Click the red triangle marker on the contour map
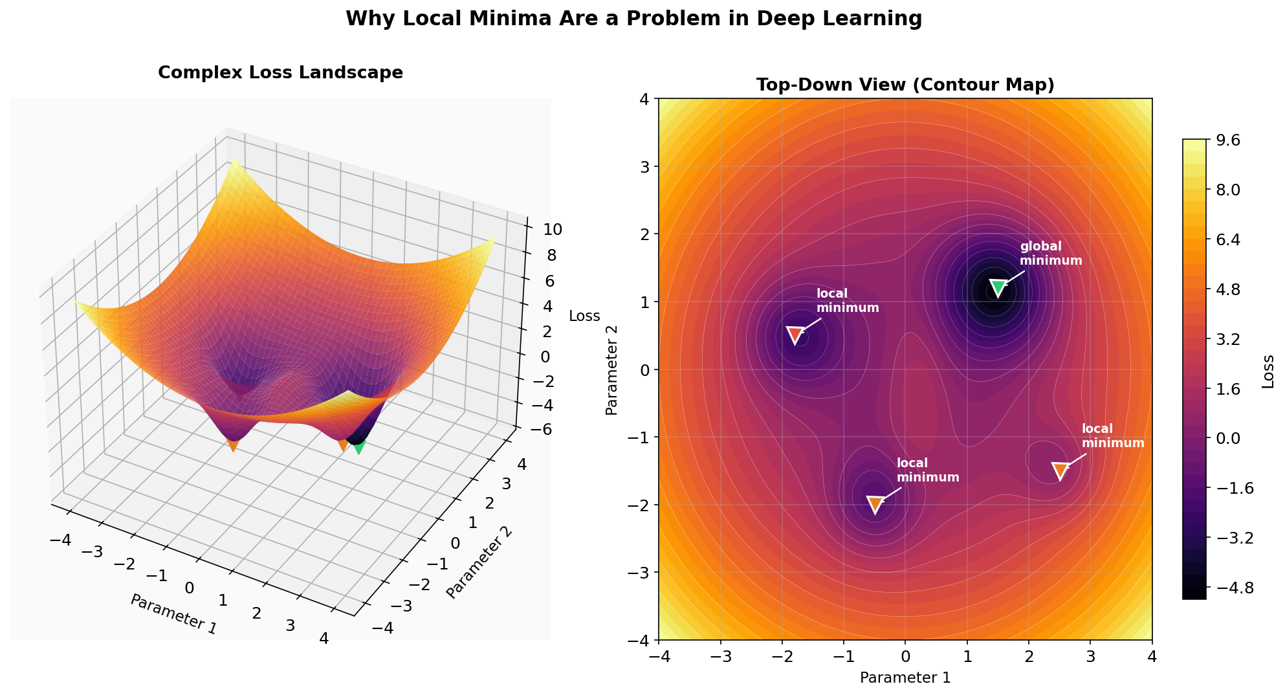point(795,335)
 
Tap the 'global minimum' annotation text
point(1050,254)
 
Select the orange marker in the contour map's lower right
point(1059,470)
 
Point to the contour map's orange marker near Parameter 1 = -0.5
point(875,504)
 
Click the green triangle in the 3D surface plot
point(358,447)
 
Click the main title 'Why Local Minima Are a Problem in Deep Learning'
point(633,19)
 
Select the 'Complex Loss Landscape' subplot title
point(280,72)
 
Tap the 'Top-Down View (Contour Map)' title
point(905,85)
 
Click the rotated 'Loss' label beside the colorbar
point(1268,371)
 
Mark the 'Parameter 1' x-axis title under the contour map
point(905,678)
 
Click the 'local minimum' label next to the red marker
point(847,301)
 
